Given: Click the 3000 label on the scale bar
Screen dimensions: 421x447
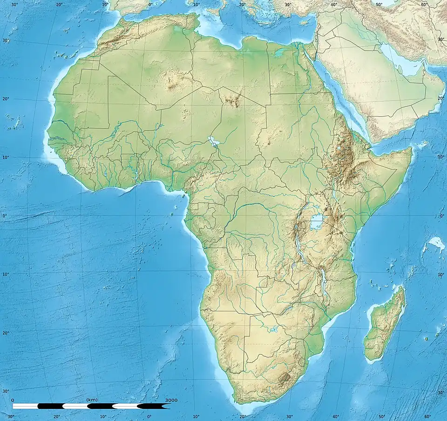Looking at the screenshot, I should point(171,400).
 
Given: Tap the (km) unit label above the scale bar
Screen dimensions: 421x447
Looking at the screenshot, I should point(92,400).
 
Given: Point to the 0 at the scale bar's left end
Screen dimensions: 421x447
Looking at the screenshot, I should point(12,400).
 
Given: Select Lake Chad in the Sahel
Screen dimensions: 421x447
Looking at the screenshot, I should point(214,141).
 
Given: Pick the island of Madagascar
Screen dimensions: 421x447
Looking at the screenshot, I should point(385,325).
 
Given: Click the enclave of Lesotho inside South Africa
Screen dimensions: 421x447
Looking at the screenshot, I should point(283,377).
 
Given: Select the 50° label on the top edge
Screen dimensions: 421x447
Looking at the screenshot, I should point(379,5).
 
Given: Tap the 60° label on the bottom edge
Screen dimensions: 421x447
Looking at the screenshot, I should point(427,417).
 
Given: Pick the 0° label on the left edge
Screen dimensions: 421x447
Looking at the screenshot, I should point(4,216).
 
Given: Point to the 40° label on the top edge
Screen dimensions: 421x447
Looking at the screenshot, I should point(334,5).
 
